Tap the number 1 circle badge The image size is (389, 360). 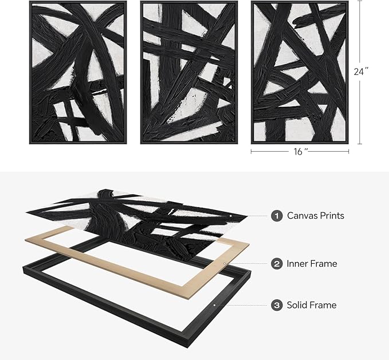point(277,216)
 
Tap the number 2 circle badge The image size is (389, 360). point(277,264)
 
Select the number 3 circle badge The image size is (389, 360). point(277,306)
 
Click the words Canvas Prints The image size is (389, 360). point(315,216)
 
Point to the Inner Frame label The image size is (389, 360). point(312,264)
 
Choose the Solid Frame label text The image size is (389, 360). point(312,306)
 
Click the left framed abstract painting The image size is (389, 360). point(78,72)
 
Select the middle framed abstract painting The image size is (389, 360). point(188,72)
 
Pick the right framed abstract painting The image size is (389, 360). point(300,72)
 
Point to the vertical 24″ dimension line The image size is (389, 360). point(361,34)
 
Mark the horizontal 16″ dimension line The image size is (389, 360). point(269,152)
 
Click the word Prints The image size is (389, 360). point(332,216)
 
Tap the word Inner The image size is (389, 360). point(298,264)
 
